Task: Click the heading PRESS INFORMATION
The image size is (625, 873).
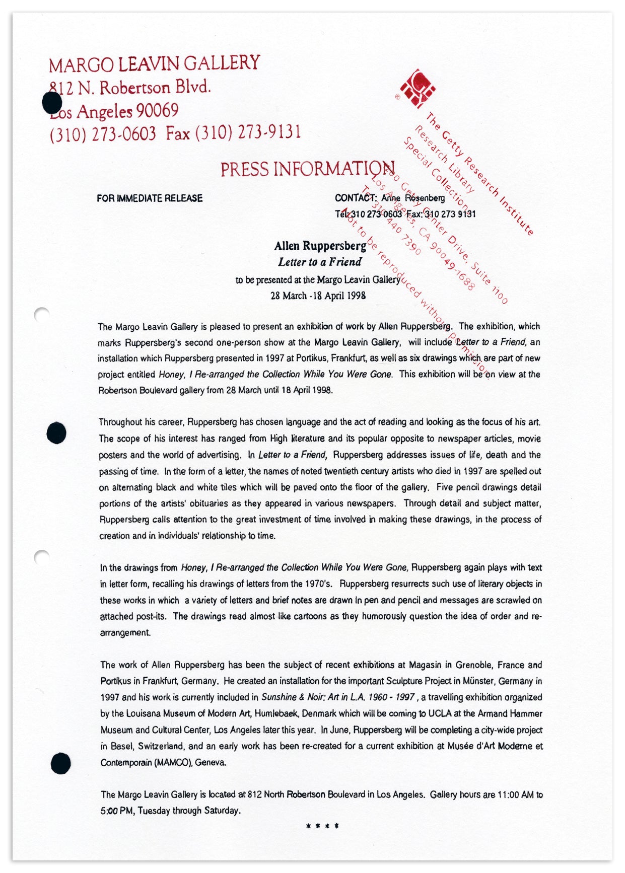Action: click(307, 169)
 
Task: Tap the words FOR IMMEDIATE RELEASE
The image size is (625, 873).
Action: click(150, 198)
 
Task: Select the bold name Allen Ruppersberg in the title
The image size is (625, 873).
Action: click(320, 246)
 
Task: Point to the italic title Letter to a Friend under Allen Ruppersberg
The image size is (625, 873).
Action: click(320, 262)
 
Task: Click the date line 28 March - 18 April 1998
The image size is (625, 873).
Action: click(318, 296)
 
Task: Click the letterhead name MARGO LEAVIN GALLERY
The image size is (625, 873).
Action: click(154, 64)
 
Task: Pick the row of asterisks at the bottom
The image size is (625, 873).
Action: click(322, 826)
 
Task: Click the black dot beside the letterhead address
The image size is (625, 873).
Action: click(51, 103)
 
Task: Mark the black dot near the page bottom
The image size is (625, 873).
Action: click(60, 763)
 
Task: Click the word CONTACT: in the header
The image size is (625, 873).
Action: click(356, 198)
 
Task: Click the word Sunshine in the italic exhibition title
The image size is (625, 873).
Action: click(279, 697)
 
